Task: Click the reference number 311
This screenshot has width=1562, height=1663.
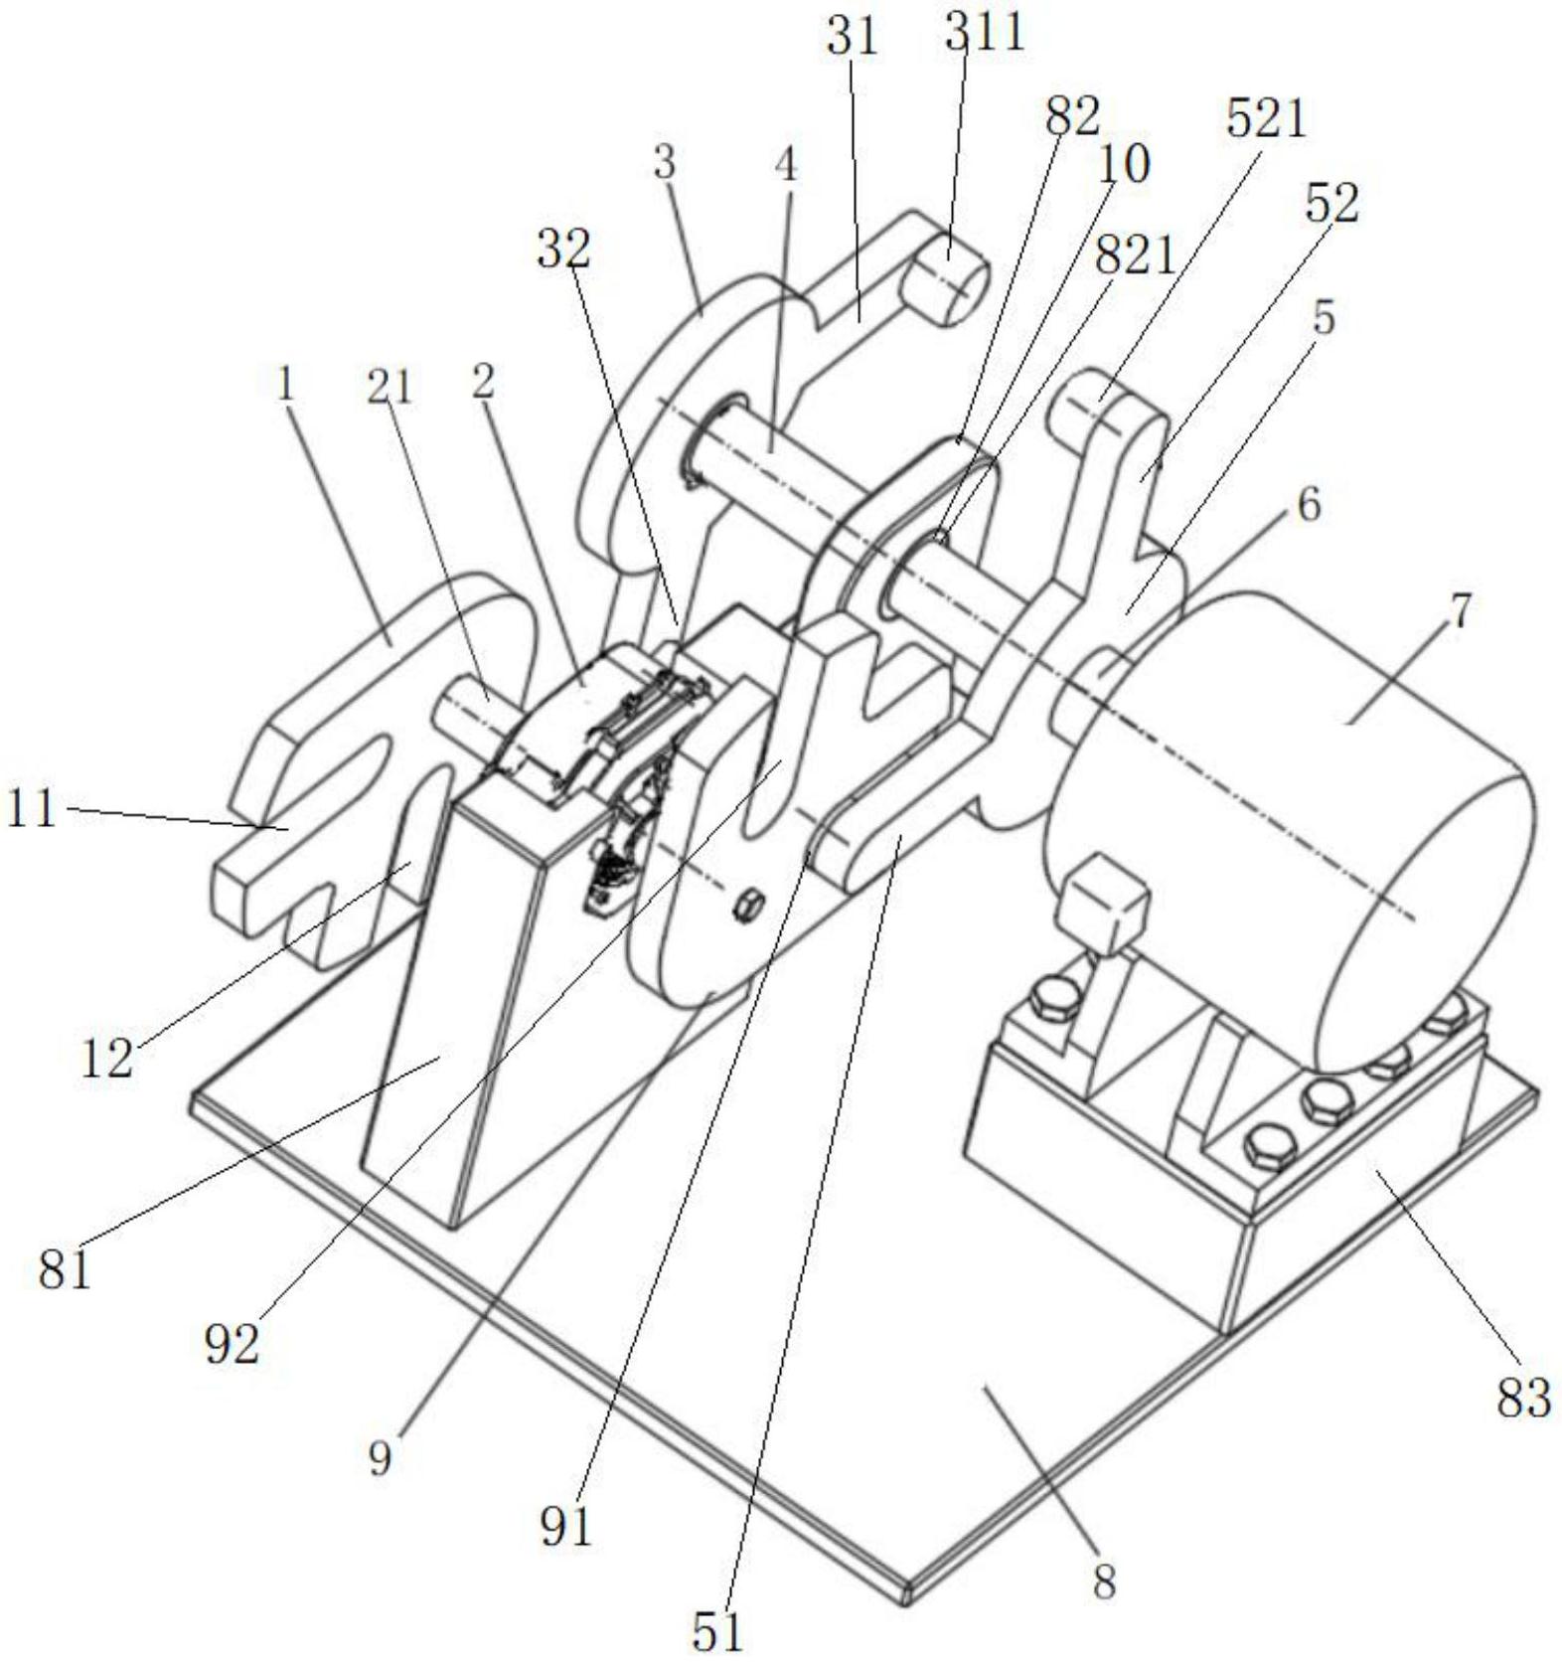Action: coord(983,34)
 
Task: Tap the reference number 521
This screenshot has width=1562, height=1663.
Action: coord(1265,119)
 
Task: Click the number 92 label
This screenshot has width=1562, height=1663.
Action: coord(232,1345)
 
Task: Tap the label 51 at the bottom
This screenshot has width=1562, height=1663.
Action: coord(717,1630)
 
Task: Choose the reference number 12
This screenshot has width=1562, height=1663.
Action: coord(106,1059)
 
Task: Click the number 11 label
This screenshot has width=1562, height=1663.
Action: coord(31,809)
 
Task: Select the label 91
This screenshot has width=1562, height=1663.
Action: coord(566,1526)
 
